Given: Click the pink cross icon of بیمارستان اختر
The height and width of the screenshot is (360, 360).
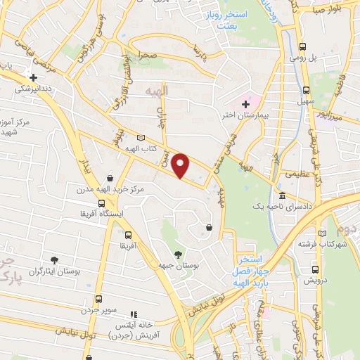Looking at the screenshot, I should [x=245, y=104].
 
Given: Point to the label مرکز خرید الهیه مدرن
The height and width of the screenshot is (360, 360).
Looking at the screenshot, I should [x=108, y=190].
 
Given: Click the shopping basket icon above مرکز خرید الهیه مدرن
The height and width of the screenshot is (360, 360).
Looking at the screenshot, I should [x=109, y=179].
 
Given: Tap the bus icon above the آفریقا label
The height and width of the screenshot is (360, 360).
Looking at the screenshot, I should [x=128, y=235].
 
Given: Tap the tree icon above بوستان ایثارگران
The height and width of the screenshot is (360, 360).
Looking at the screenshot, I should [x=54, y=260].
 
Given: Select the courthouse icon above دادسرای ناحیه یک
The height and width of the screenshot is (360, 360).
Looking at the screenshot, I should [x=282, y=195].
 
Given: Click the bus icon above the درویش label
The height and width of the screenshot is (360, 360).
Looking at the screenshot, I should [x=314, y=268].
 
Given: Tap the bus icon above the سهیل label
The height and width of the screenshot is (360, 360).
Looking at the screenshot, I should [x=305, y=90].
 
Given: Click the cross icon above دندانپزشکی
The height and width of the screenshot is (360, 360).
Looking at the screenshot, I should [x=32, y=77].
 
